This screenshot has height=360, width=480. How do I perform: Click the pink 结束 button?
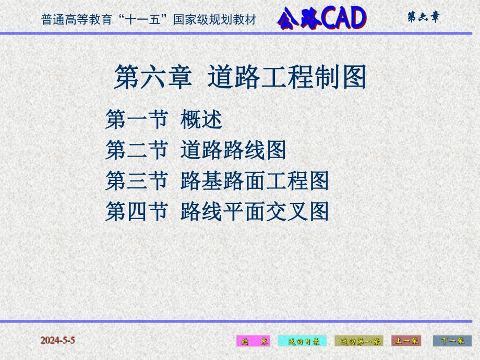[x=253, y=341]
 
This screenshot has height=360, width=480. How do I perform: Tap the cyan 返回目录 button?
[x=302, y=341]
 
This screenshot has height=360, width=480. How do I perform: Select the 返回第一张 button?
[x=358, y=341]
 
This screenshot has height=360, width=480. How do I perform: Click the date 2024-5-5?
[x=58, y=340]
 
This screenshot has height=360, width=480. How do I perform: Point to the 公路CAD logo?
[x=322, y=19]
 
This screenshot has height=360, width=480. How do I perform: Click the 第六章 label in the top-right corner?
[x=423, y=17]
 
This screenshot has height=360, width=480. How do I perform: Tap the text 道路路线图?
[x=233, y=151]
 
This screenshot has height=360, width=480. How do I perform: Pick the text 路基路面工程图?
[x=255, y=181]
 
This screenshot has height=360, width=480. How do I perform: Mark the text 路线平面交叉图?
[x=255, y=212]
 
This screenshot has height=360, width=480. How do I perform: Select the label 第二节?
[x=136, y=151]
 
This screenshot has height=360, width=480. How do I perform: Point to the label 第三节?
[x=136, y=181]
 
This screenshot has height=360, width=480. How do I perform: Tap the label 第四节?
[x=136, y=212]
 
